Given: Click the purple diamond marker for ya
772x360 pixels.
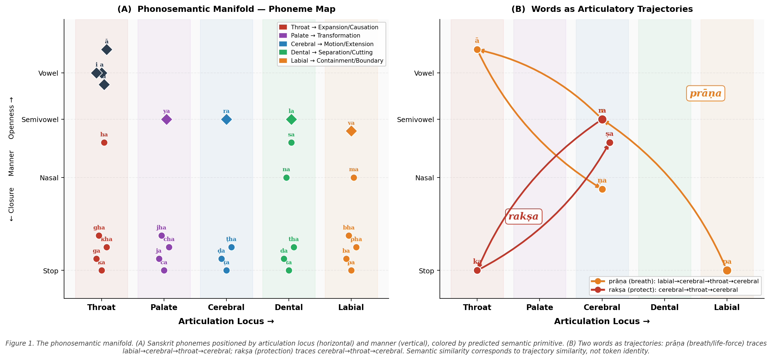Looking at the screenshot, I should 166,119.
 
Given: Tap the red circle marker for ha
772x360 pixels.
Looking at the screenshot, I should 104,142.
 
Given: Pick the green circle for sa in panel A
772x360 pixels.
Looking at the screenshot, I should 291,142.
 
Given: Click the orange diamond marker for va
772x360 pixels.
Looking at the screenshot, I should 351,131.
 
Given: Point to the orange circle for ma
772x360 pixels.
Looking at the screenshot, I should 354,178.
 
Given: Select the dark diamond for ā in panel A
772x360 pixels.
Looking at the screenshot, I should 107,49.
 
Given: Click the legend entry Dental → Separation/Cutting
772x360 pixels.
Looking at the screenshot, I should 331,52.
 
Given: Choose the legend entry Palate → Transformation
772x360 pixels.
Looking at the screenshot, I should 325,36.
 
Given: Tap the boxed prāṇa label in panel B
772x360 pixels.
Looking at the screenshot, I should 705,93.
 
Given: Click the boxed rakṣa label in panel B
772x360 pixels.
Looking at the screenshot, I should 524,216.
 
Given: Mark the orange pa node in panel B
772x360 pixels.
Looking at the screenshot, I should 727,270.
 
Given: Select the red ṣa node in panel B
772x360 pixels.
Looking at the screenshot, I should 610,142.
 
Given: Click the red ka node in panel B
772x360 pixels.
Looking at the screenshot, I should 477,270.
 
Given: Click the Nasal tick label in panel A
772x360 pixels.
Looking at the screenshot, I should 49,178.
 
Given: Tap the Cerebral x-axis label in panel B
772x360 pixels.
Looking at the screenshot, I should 602,307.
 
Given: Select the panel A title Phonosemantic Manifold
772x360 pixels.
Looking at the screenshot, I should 226,9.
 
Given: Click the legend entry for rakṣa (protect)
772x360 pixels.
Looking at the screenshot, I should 673,290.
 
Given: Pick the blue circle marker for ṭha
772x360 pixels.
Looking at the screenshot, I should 231,247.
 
